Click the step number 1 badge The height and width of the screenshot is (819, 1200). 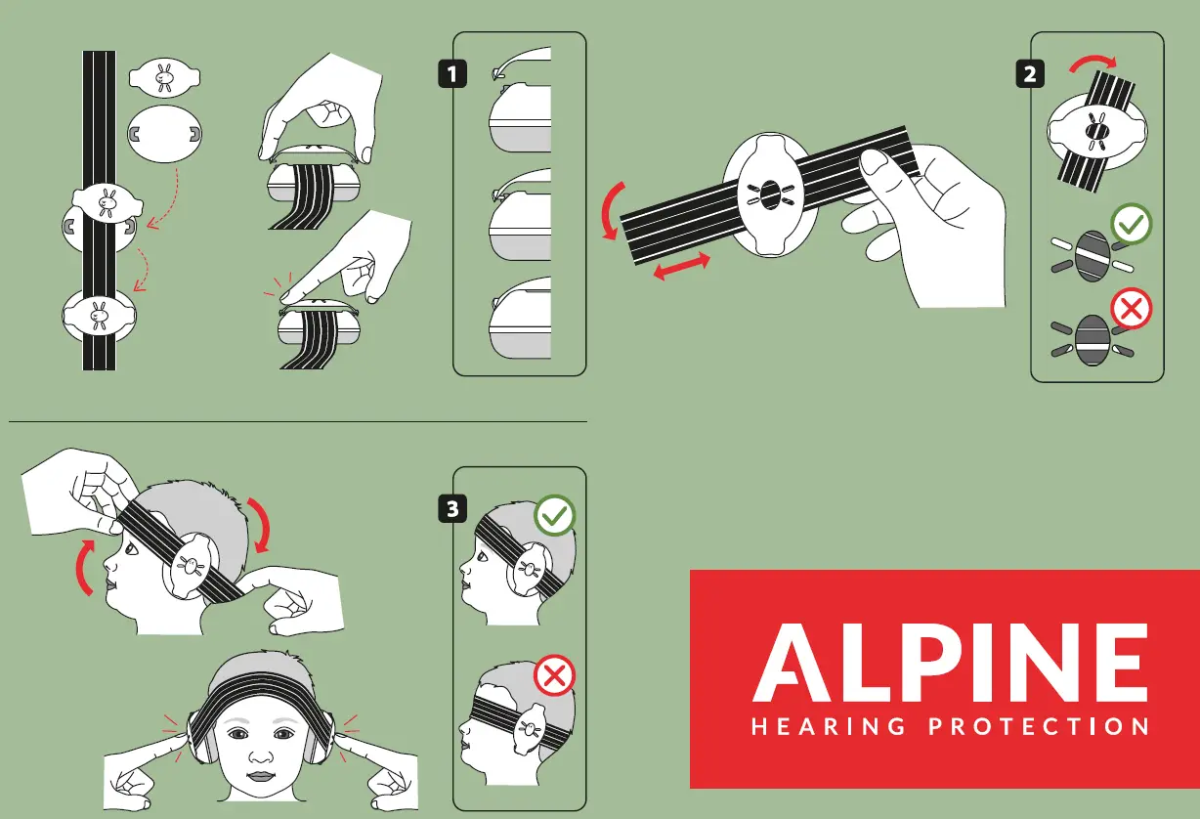[x=451, y=73]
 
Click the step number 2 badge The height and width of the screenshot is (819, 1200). [x=1030, y=73]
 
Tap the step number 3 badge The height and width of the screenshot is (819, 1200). [x=451, y=508]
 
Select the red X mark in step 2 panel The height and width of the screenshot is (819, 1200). [x=1132, y=310]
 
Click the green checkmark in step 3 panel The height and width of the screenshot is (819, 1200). [x=555, y=516]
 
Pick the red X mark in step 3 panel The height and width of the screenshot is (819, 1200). [x=555, y=676]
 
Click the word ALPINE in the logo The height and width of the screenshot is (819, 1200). [x=950, y=666]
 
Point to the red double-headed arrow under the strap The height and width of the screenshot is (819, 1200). [x=680, y=266]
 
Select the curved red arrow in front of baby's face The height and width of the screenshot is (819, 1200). [x=84, y=570]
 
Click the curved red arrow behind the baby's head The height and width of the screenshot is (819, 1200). [x=261, y=525]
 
